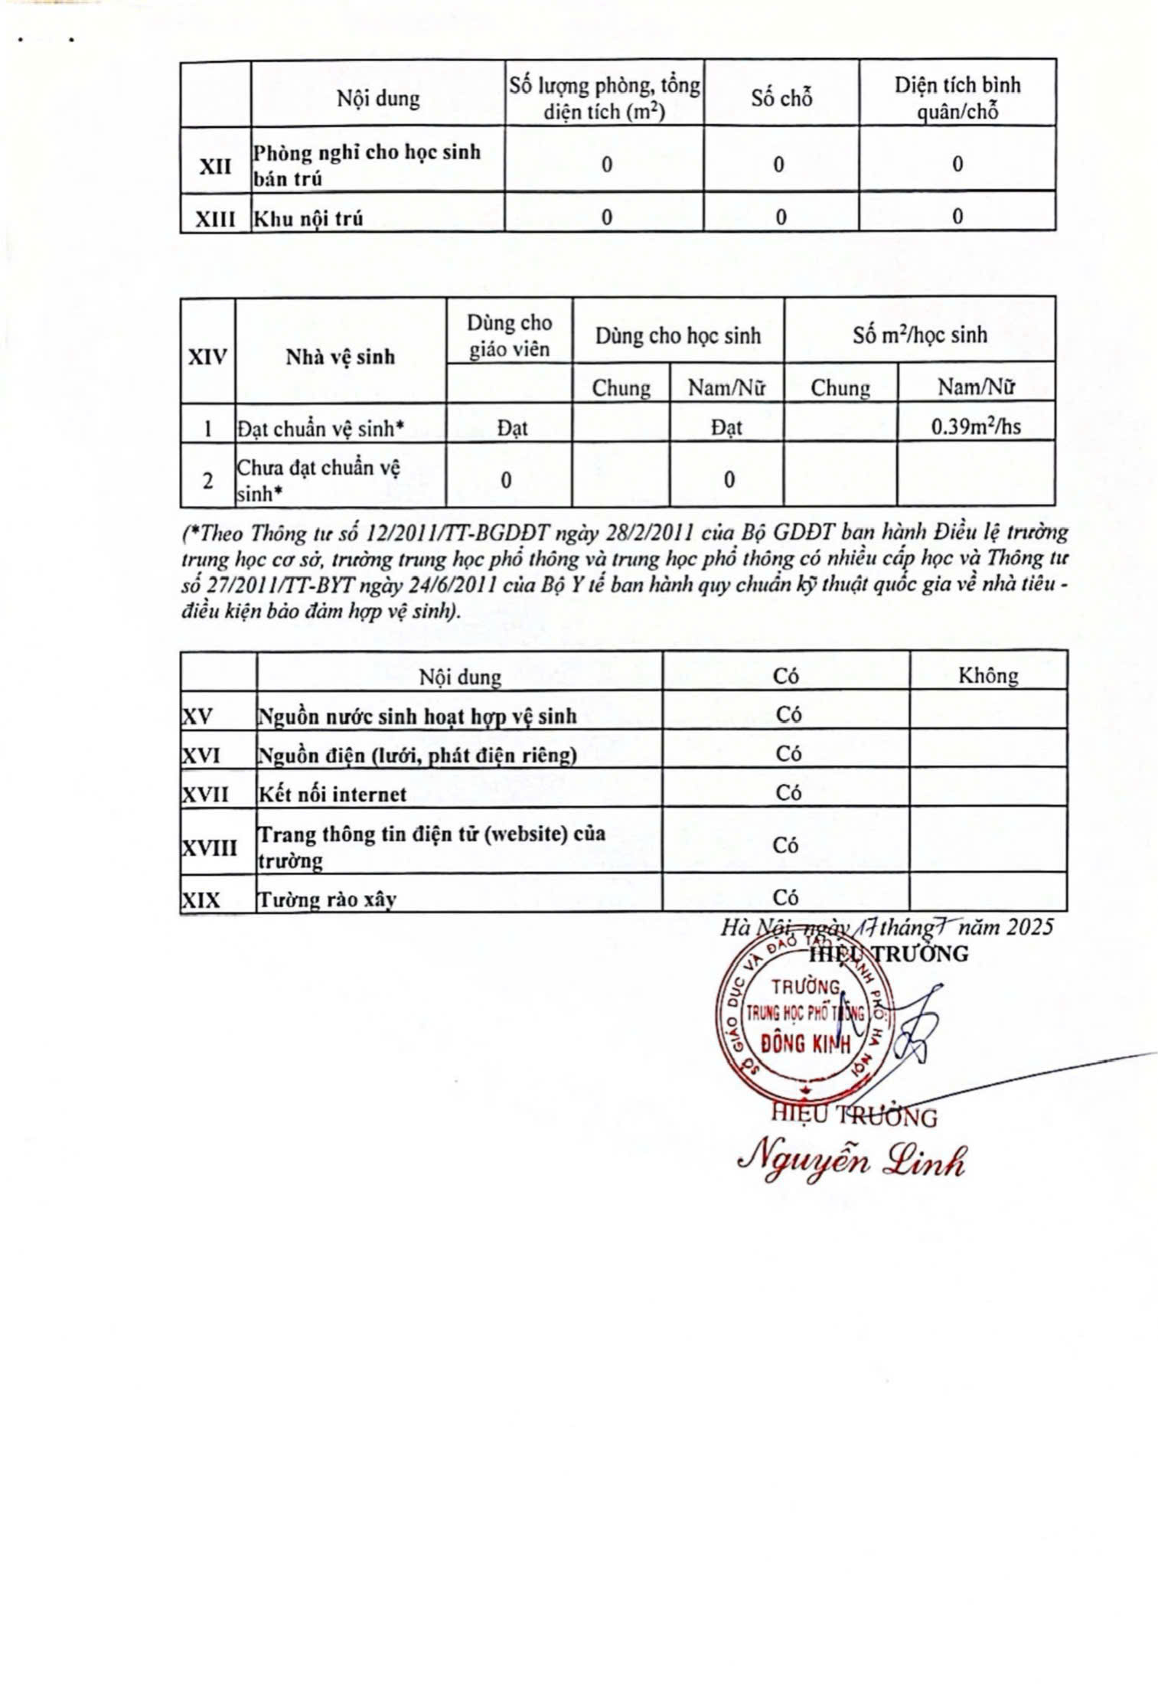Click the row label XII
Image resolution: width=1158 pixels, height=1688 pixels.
(215, 165)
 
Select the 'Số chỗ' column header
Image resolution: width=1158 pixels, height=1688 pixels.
(781, 98)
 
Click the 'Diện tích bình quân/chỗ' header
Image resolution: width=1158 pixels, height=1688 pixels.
(957, 98)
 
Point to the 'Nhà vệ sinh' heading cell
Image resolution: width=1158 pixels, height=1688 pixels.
(341, 357)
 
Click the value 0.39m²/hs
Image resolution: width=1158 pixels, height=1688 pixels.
(976, 426)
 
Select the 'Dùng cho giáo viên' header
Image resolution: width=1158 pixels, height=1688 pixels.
(509, 335)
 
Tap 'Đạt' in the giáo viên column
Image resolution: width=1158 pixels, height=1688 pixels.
(511, 429)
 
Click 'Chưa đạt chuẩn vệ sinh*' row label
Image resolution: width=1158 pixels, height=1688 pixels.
(318, 480)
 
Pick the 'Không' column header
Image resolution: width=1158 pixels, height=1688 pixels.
(987, 675)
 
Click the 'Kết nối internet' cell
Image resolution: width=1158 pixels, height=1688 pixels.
(332, 794)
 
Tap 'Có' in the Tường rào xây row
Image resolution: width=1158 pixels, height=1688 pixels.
(786, 896)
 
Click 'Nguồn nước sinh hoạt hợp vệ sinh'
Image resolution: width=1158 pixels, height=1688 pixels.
(417, 717)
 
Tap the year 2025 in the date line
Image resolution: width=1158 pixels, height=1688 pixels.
(1030, 927)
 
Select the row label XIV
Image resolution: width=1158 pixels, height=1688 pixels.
(207, 357)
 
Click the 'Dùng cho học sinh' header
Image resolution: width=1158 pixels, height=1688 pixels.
(677, 335)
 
